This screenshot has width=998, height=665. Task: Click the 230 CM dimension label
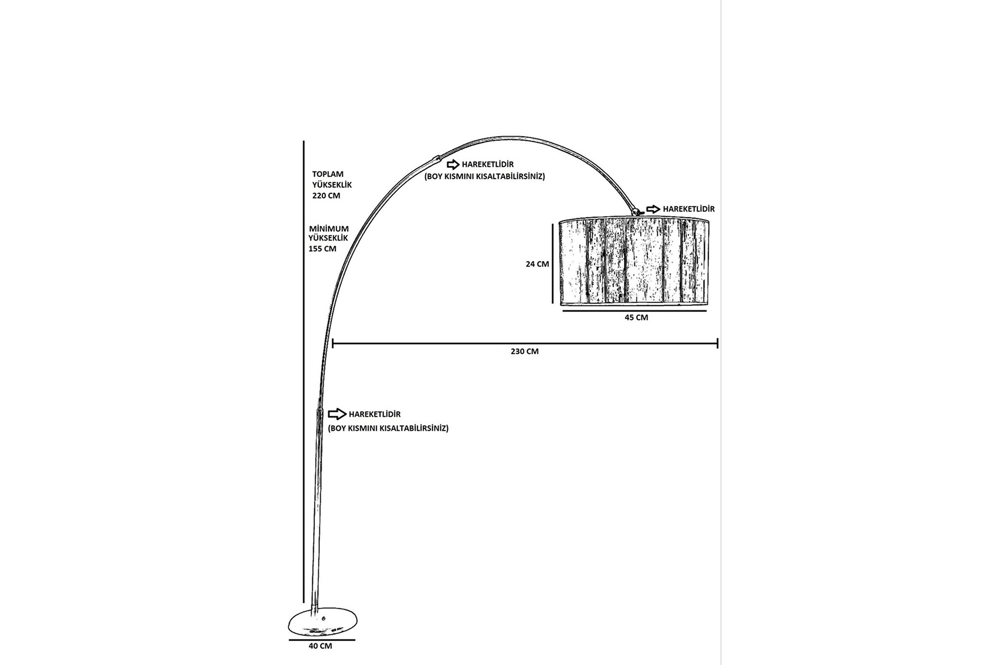(524, 351)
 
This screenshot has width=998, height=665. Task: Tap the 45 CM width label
(636, 317)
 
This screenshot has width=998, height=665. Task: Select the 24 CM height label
(537, 264)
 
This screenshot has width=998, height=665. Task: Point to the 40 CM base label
(320, 646)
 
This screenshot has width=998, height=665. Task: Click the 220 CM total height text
(326, 196)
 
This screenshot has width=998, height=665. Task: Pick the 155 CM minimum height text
(322, 249)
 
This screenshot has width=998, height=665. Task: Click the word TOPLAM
(327, 174)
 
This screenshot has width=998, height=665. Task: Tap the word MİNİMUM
(329, 229)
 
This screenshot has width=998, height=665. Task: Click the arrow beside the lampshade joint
(653, 209)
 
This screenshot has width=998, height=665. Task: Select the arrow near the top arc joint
(453, 165)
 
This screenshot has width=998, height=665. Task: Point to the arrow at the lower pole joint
(337, 414)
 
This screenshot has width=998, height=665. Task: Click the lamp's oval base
(323, 624)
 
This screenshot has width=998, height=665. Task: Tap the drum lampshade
(634, 262)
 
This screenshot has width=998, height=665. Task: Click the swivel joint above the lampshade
(636, 211)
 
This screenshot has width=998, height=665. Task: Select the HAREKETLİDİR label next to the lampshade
(688, 209)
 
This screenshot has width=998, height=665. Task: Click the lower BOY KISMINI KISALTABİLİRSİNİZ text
(388, 429)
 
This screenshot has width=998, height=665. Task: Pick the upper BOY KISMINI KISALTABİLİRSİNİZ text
(484, 177)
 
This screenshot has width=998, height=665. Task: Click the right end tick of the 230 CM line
(717, 343)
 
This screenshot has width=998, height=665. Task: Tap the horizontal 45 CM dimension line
(635, 311)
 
